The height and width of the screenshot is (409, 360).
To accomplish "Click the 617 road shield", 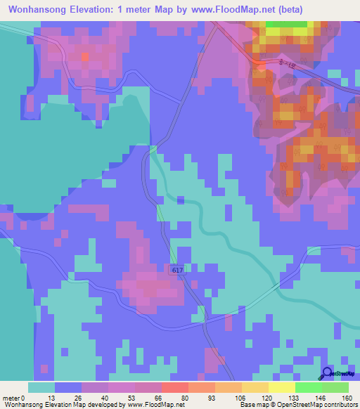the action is [176, 270].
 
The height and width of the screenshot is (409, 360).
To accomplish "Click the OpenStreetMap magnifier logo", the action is [328, 374].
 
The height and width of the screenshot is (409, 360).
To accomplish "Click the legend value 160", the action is [346, 397].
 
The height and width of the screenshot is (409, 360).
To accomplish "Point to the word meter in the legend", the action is [13, 397].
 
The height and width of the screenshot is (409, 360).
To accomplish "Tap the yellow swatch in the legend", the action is [281, 387].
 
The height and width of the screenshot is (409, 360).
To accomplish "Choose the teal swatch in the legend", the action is [41, 387].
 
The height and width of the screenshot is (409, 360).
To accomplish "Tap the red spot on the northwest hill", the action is [84, 57].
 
